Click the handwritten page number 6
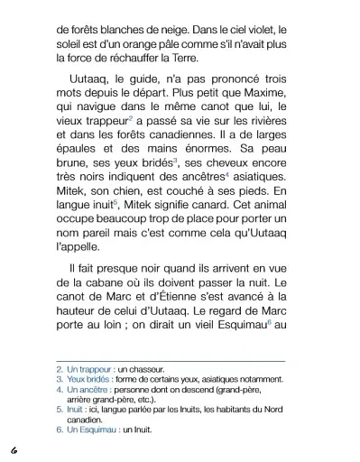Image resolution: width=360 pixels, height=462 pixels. point(14,448)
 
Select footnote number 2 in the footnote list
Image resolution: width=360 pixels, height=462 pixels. point(60,369)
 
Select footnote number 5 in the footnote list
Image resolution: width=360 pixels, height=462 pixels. point(60,411)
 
